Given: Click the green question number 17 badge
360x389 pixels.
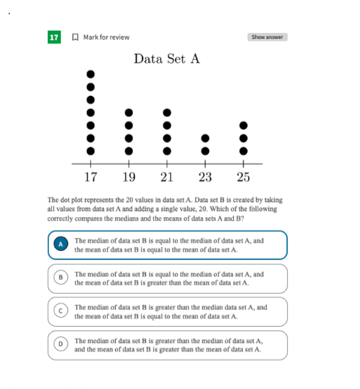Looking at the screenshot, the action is click(x=54, y=37).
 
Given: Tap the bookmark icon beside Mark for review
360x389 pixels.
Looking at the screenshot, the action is click(x=75, y=37).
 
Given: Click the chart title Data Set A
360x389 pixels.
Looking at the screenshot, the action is click(x=166, y=58).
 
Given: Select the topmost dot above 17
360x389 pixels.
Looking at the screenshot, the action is click(x=91, y=74).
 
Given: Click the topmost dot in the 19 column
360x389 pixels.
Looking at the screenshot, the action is click(x=129, y=112).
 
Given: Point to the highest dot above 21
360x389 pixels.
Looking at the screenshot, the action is click(x=167, y=112).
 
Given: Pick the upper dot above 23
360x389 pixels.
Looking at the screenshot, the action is click(x=205, y=138).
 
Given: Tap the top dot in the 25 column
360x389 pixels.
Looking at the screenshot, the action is click(x=244, y=125).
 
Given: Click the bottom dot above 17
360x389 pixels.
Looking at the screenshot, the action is click(x=91, y=151).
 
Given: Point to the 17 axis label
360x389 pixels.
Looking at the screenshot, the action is click(x=91, y=177).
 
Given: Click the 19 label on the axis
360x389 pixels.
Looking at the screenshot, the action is click(x=129, y=177).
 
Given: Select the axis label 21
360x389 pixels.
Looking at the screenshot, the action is click(x=166, y=177).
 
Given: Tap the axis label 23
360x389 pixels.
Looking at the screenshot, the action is click(x=205, y=177).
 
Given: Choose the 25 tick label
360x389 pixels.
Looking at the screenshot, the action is click(x=244, y=177).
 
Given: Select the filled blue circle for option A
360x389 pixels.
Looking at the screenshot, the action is click(x=61, y=244).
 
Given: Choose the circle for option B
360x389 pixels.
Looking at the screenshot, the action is click(x=61, y=277).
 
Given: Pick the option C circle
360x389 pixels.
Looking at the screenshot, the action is click(x=61, y=310).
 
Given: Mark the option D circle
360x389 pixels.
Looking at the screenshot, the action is click(x=61, y=344).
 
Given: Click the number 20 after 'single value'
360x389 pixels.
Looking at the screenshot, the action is click(x=202, y=209).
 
